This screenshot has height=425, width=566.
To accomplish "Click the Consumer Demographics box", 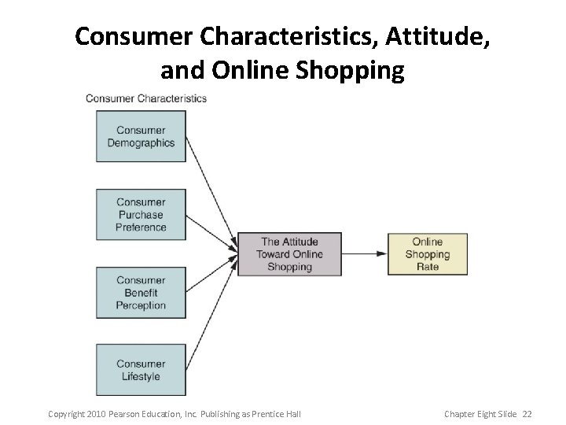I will click(x=141, y=136).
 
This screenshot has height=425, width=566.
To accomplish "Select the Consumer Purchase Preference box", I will click(x=141, y=214).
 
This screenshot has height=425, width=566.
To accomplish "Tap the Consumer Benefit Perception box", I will click(x=141, y=292).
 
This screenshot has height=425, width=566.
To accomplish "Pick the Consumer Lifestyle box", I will click(x=141, y=369).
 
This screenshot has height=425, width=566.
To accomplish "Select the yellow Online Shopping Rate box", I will click(x=427, y=254).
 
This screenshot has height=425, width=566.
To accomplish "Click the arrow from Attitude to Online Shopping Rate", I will click(x=365, y=254).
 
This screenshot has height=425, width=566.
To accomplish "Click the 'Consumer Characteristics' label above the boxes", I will click(x=145, y=98).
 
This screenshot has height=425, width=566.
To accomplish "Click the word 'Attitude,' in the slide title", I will click(x=436, y=36).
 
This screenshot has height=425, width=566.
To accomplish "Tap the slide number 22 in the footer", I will click(x=527, y=414).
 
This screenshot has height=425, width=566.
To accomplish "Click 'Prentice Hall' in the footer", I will click(x=277, y=414).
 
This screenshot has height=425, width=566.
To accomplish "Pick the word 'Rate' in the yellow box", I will click(x=427, y=267).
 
